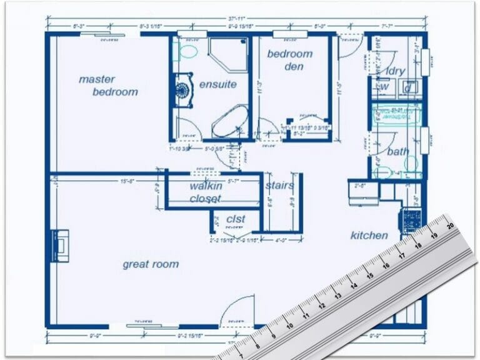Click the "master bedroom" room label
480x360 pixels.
[108, 86]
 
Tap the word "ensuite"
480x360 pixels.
[217, 84]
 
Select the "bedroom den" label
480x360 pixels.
[289, 60]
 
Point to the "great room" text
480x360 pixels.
[151, 264]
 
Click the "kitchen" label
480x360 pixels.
[369, 236]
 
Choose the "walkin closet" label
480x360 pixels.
[206, 192]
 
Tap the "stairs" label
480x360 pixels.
[280, 186]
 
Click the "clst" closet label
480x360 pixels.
[235, 219]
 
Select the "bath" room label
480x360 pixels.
[398, 152]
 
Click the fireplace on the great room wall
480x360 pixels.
[60, 246]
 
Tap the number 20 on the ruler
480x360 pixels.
[449, 227]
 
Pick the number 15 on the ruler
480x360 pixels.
[369, 274]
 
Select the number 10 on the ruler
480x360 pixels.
[288, 325]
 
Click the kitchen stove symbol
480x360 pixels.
[411, 219]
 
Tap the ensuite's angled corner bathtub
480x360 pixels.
[228, 122]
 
